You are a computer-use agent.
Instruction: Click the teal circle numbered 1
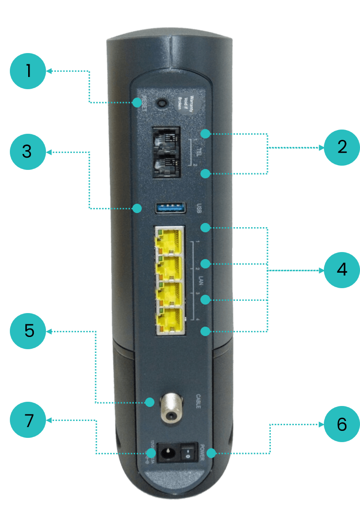[x=28, y=71]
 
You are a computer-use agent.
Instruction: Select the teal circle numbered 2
[x=341, y=147]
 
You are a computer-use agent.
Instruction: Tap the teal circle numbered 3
[x=28, y=152]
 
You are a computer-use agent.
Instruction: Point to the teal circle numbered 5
[x=29, y=330]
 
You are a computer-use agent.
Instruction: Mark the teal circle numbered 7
[x=29, y=420]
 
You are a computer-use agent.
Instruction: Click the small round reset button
[x=163, y=102]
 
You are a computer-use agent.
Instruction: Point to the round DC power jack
[x=166, y=453]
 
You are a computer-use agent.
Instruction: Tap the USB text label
[x=198, y=207]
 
